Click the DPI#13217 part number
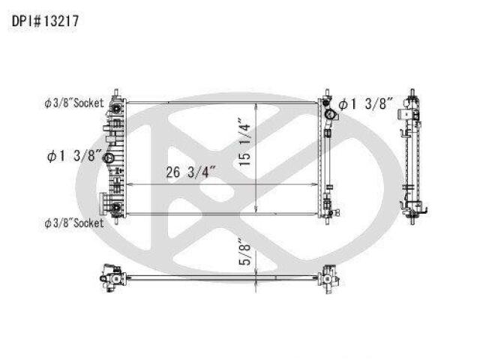45,21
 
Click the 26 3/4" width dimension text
191,172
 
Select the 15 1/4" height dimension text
245,141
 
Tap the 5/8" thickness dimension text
245,252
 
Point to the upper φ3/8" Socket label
74,103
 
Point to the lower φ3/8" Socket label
74,223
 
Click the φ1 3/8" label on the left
74,156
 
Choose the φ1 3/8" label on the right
365,104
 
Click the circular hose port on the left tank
109,158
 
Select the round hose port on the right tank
329,115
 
